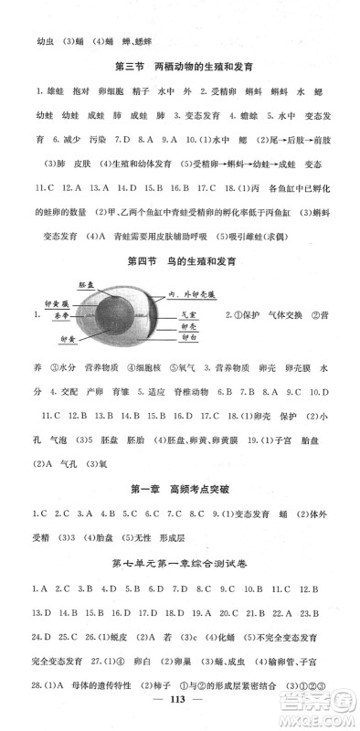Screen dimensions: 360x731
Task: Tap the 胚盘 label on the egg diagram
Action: click(88, 285)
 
